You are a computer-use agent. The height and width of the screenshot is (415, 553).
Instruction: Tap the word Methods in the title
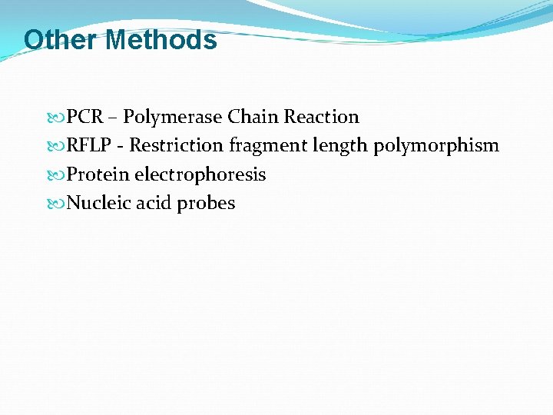point(161,39)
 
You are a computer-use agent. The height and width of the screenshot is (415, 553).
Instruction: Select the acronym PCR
point(84,117)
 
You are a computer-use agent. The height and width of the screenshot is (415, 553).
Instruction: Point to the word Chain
point(253,117)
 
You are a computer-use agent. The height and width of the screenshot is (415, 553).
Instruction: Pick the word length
point(339,146)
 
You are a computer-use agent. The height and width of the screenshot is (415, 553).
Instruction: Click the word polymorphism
point(436,146)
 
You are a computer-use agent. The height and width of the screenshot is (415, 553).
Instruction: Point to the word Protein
point(98,174)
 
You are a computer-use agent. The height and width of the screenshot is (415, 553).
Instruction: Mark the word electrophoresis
point(200,174)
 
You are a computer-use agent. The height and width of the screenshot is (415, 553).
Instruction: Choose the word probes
point(206,204)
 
